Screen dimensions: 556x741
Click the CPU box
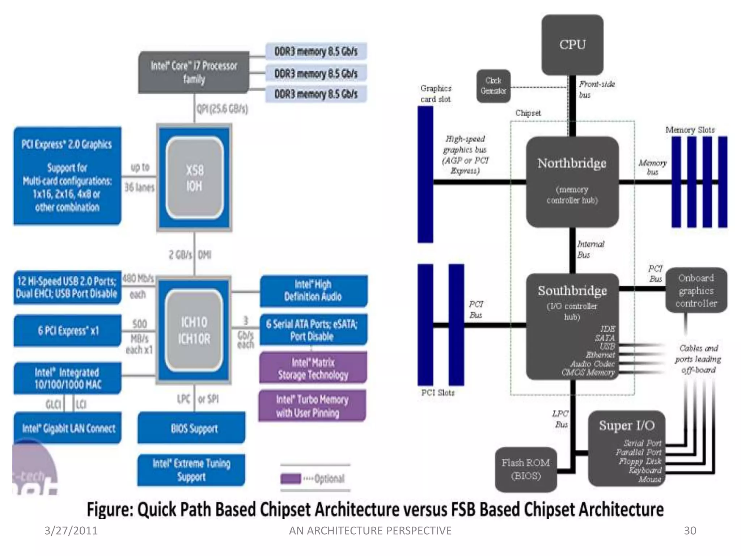572,45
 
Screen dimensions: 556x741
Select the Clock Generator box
493,86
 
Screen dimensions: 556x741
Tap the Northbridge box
572,181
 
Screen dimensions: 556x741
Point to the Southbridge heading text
572,291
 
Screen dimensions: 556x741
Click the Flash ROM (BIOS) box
526,469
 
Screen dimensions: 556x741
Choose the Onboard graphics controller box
696,290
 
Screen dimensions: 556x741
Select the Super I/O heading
627,425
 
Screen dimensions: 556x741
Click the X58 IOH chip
194,178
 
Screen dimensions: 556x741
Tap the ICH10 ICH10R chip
194,330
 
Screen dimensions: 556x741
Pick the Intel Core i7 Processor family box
194,72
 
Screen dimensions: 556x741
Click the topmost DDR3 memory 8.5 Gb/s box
316,51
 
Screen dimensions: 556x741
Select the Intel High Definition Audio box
313,291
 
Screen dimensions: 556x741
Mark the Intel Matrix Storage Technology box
313,368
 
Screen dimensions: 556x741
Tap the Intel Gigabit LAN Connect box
68,429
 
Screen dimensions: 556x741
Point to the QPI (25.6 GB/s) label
222,109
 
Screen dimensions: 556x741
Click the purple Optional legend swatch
291,479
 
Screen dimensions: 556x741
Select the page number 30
690,530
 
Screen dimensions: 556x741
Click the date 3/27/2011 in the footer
71,530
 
